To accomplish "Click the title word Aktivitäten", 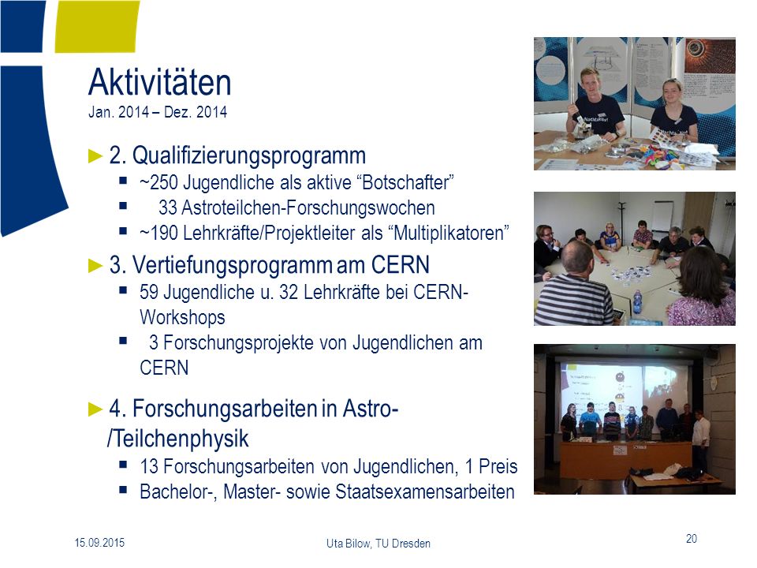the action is [x=160, y=82].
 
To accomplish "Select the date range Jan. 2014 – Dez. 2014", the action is [x=158, y=112].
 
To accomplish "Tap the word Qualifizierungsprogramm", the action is [x=249, y=156].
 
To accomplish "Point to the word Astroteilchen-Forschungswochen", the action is [x=308, y=207].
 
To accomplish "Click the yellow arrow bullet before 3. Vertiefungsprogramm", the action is [x=95, y=266].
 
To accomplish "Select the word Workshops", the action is [x=182, y=317].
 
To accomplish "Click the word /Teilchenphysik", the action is [x=177, y=439].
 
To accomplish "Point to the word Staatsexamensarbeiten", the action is [x=425, y=491].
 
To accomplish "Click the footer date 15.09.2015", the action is [x=99, y=543].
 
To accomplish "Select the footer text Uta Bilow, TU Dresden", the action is [x=378, y=544].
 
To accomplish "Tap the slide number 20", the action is [x=692, y=539].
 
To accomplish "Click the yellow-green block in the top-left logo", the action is [x=98, y=26].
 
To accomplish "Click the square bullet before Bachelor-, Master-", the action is [x=123, y=490].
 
